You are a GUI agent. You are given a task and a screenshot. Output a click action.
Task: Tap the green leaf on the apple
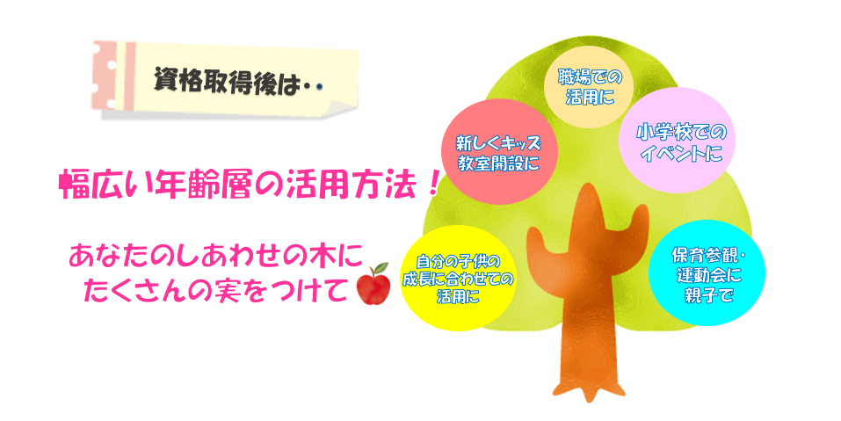tap(381, 268)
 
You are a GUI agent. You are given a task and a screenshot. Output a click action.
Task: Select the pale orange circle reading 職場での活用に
tap(589, 87)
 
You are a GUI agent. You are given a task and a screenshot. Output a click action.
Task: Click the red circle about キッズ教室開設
tap(499, 152)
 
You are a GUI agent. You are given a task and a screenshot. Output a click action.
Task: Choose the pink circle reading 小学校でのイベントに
tap(677, 141)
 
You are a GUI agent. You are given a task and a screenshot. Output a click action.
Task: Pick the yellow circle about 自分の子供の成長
tap(459, 278)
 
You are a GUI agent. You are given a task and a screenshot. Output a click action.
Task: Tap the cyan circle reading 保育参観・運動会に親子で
tap(707, 273)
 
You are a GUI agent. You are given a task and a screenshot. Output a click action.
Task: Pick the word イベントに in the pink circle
tap(682, 155)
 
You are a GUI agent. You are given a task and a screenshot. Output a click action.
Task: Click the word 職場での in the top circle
tap(590, 77)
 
